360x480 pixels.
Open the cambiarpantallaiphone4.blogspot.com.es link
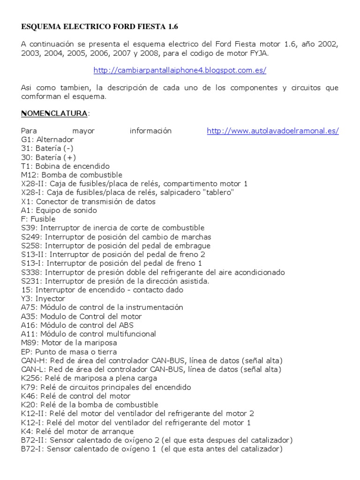[x=180, y=70]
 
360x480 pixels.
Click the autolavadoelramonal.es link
[x=273, y=131]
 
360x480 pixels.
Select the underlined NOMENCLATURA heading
[x=54, y=113]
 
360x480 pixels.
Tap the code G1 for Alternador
[x=27, y=140]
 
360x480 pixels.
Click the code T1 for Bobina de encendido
[x=26, y=166]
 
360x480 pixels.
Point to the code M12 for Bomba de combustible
[x=28, y=175]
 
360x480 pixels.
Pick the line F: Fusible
[x=38, y=219]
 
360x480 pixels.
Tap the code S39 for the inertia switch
[x=28, y=228]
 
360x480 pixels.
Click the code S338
[x=30, y=272]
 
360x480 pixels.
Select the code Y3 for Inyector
[x=26, y=299]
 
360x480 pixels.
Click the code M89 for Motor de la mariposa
[x=28, y=343]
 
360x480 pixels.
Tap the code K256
[x=30, y=378]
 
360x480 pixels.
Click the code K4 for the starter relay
[x=26, y=431]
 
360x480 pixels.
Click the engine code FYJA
[x=259, y=53]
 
